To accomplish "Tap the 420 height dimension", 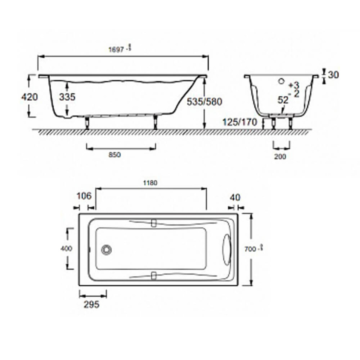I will [30, 97].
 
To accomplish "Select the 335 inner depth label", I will [66, 97].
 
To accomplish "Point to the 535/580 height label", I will [204, 102].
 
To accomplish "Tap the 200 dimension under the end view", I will [280, 157].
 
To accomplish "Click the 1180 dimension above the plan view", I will [150, 183].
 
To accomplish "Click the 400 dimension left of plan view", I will [66, 248].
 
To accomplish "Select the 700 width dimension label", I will [251, 249].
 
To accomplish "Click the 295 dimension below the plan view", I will [91, 305].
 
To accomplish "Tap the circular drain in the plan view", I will [106, 250].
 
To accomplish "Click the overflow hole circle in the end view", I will [281, 82].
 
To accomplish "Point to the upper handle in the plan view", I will [154, 223].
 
